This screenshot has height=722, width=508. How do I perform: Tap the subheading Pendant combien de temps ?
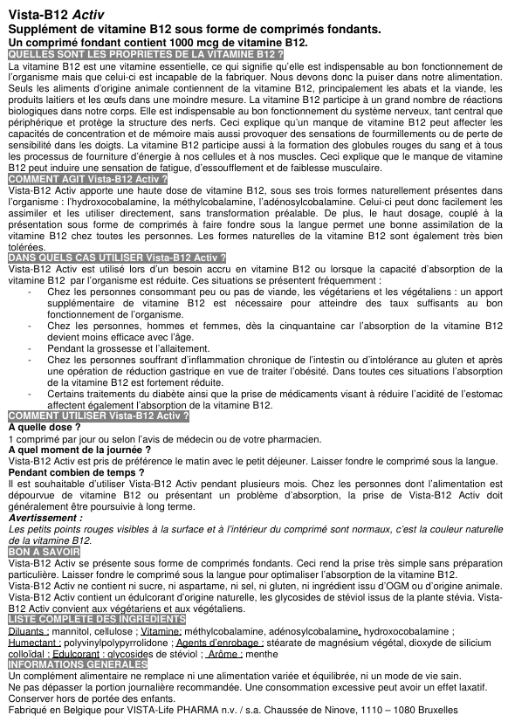pyautogui.click(x=70, y=472)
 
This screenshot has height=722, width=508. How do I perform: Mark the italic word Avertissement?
pyautogui.click(x=45, y=517)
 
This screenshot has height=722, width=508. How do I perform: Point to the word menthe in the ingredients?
pyautogui.click(x=262, y=653)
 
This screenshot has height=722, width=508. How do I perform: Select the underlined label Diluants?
pyautogui.click(x=27, y=630)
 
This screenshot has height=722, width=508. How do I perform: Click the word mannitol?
pyautogui.click(x=73, y=630)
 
